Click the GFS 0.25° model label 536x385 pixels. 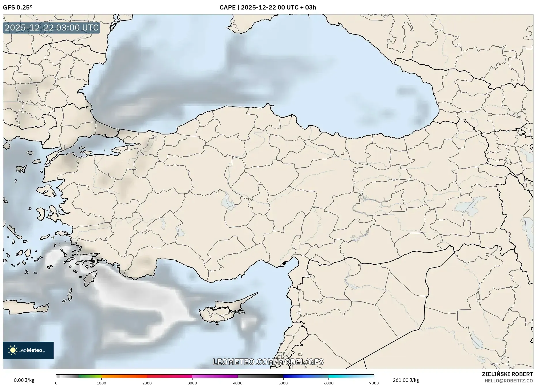click(x=18, y=7)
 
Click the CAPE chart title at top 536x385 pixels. click(x=268, y=7)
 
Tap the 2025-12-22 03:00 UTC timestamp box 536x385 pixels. click(x=52, y=28)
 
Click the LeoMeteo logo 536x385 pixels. click(x=28, y=350)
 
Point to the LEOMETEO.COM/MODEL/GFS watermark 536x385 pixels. click(x=268, y=362)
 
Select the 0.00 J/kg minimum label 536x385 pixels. click(x=24, y=380)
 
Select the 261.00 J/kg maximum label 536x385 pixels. click(x=406, y=380)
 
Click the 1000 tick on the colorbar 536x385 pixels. click(x=101, y=383)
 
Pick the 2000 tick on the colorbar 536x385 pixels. click(x=147, y=383)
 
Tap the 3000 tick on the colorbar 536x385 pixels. click(x=192, y=383)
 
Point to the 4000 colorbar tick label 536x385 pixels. click(x=238, y=383)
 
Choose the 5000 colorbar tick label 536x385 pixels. click(x=283, y=383)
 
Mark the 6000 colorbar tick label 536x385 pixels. click(x=329, y=383)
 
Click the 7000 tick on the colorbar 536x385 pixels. click(x=374, y=383)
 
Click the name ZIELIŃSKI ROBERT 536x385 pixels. click(x=507, y=374)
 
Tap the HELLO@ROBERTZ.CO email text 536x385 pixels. click(x=508, y=381)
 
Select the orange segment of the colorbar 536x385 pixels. click(x=124, y=376)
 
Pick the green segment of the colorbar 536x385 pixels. click(x=90, y=376)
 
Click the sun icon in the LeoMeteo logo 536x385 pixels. click(x=13, y=350)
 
